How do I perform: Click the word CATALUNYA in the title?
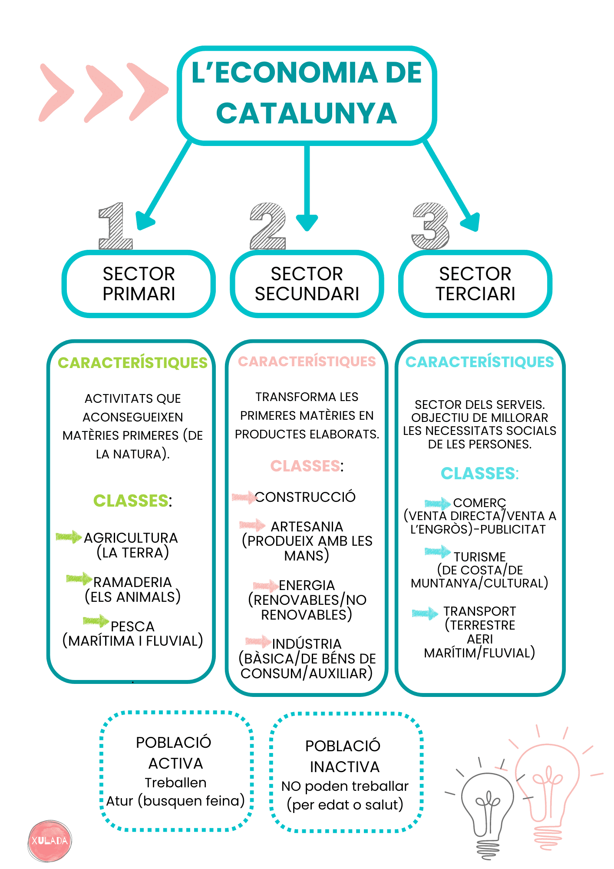[307, 114]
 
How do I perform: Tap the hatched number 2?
[268, 226]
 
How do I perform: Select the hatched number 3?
[430, 226]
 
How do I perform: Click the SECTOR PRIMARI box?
[139, 284]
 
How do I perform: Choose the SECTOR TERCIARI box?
[475, 284]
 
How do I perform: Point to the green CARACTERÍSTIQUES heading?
[132, 363]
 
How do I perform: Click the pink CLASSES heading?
[305, 466]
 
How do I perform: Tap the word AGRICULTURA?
[131, 538]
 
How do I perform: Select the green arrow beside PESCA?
[96, 621]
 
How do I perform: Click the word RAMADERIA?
[132, 582]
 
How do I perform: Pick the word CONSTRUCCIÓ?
[305, 497]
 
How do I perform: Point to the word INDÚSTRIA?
[307, 644]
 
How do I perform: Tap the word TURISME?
[479, 557]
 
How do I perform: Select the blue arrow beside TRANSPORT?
[425, 613]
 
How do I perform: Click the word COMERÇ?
[479, 503]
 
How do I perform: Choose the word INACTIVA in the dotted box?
[344, 767]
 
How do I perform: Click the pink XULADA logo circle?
[50, 841]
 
